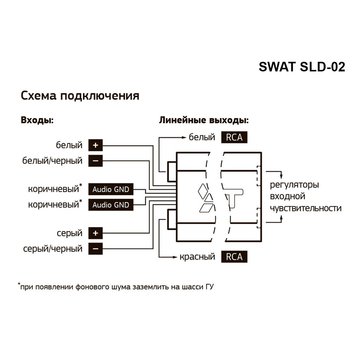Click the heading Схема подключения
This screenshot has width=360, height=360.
(79, 97)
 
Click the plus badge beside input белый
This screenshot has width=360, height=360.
(95, 144)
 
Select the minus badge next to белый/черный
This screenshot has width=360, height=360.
(95, 159)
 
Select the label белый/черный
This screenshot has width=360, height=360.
(51, 159)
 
